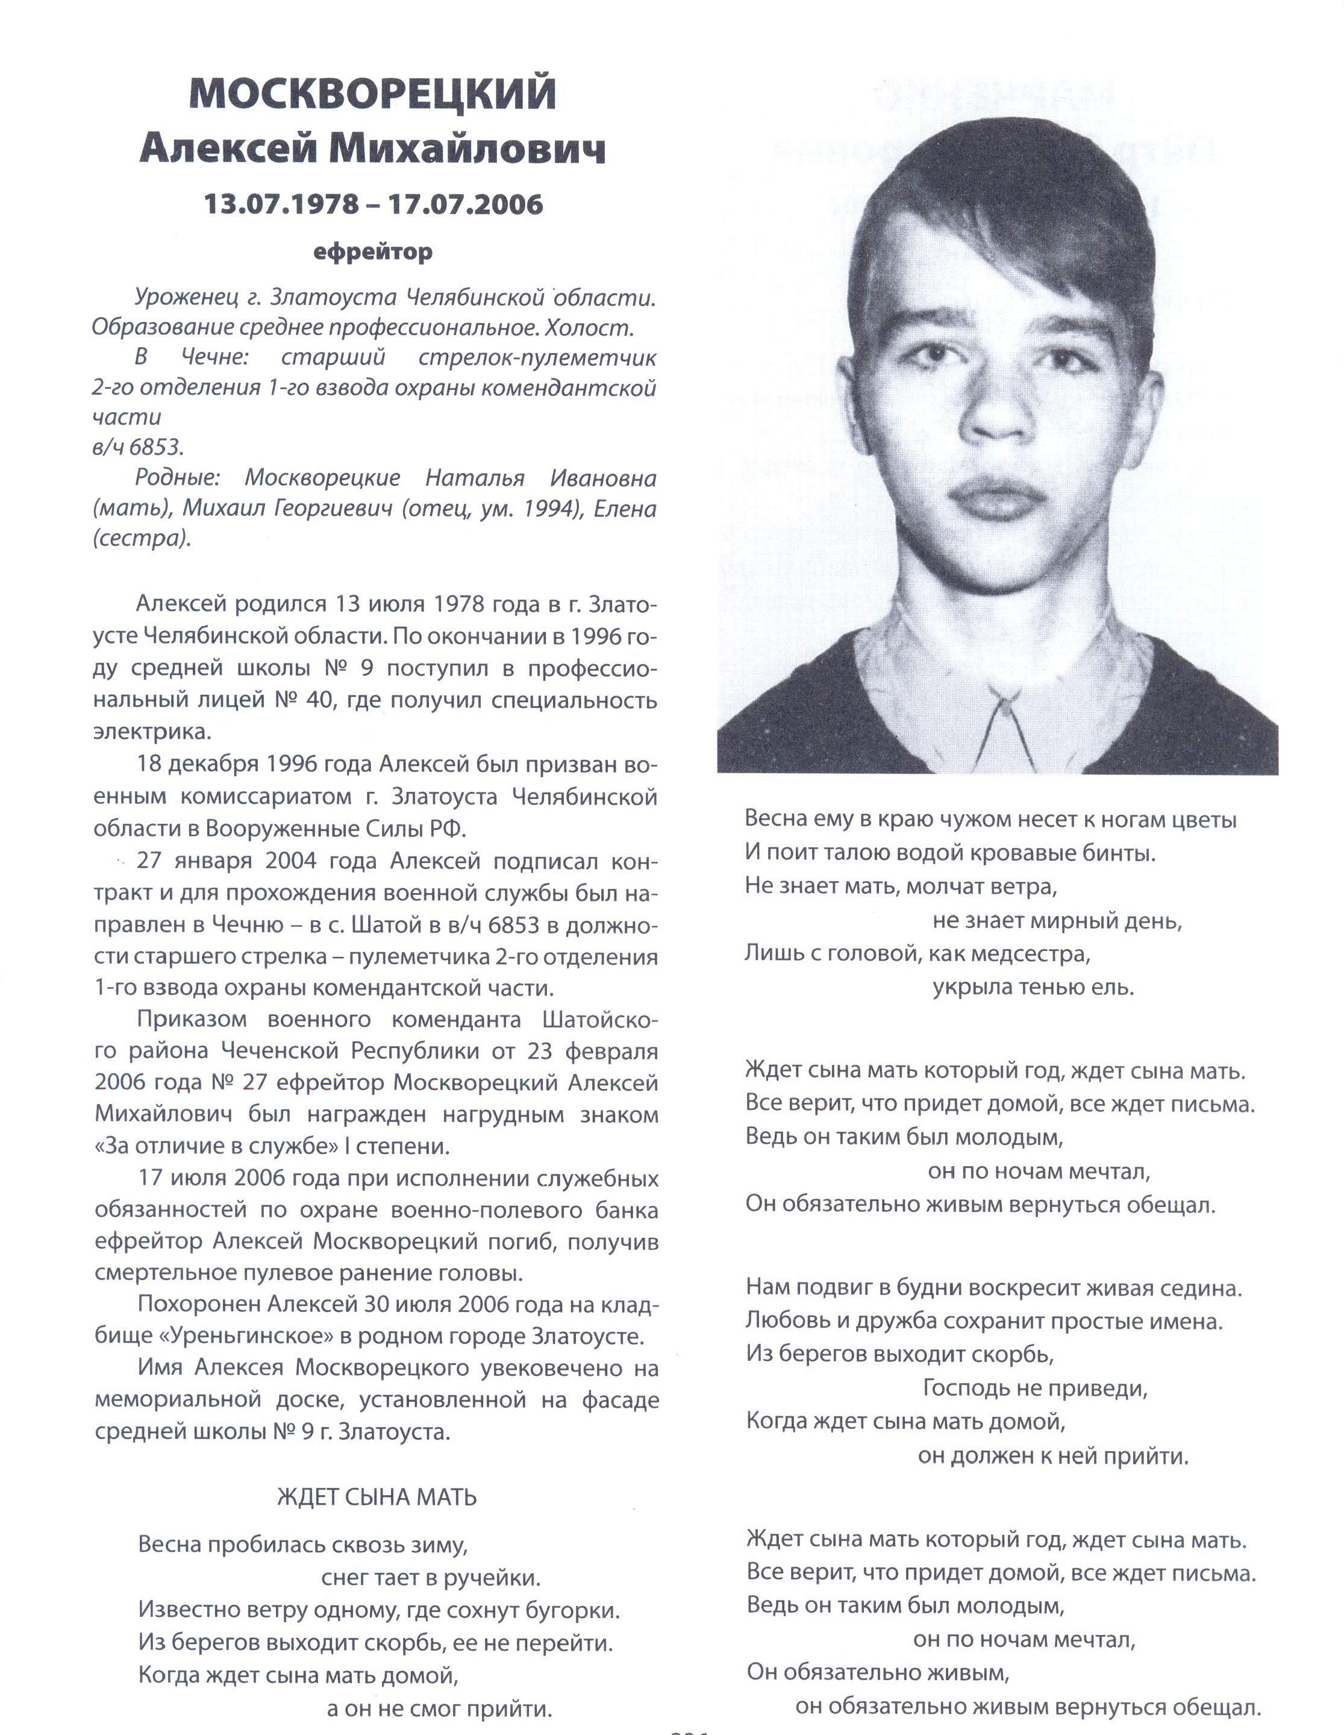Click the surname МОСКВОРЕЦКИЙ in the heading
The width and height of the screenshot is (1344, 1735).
coord(372,94)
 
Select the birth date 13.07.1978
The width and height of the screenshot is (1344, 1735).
coord(282,204)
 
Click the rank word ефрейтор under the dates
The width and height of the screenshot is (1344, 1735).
coord(372,253)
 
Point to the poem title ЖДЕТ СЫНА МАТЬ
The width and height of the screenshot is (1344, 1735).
coord(377,1498)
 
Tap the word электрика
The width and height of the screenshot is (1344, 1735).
coord(152,732)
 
